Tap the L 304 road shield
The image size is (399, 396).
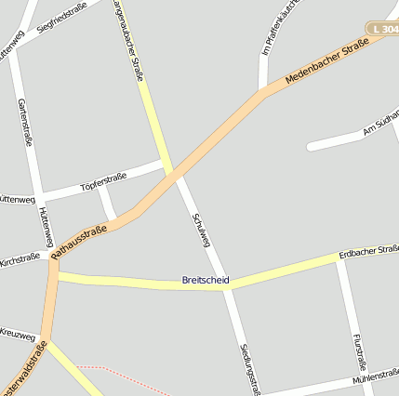[x=382, y=31]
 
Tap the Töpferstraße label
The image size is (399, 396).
[x=102, y=178]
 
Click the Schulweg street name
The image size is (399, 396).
[x=201, y=229]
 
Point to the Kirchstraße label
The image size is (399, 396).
[x=19, y=257]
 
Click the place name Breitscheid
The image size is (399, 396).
[x=206, y=280]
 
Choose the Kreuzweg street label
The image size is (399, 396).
[x=17, y=334]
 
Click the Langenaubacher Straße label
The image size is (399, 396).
[x=127, y=35]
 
